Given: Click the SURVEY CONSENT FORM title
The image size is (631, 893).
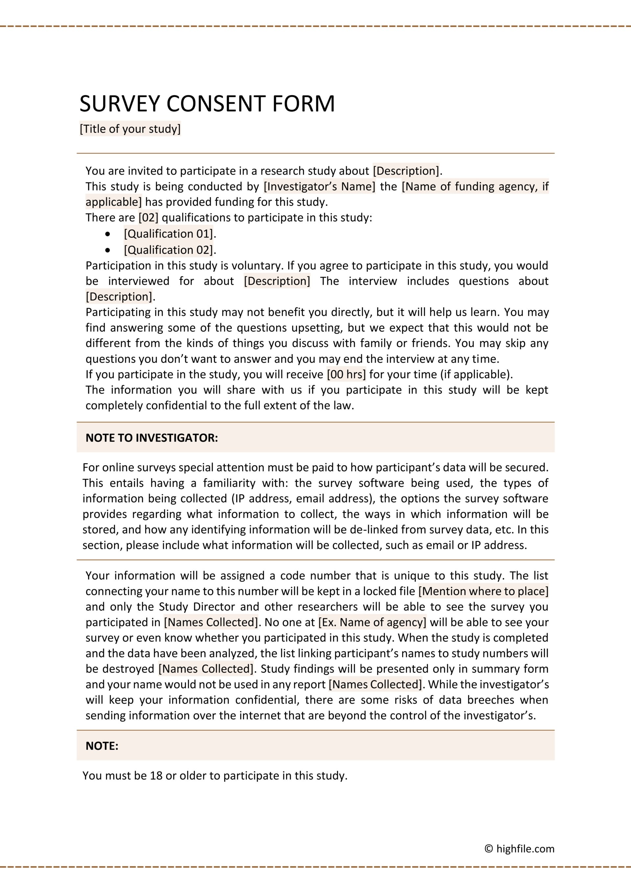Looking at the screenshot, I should [207, 104].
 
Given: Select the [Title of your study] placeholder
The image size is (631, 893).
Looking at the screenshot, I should [130, 129].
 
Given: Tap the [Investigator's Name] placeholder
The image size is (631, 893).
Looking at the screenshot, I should [319, 187].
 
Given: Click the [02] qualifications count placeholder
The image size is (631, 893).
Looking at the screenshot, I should [149, 217].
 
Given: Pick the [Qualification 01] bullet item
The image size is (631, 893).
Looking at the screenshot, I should [169, 234].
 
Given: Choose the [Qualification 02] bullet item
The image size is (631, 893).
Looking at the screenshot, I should [169, 250].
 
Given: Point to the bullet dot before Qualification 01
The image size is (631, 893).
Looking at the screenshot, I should [107, 234].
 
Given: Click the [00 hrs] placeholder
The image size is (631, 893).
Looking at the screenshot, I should [346, 375].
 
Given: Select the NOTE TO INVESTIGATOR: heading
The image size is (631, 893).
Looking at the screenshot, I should [152, 438].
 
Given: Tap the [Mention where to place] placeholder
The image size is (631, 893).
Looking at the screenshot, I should [483, 591].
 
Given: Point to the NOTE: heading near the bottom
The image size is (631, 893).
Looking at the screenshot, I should [102, 746].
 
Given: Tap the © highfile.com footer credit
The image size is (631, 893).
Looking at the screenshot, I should [520, 849].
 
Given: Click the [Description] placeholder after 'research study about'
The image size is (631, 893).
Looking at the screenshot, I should [406, 171].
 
